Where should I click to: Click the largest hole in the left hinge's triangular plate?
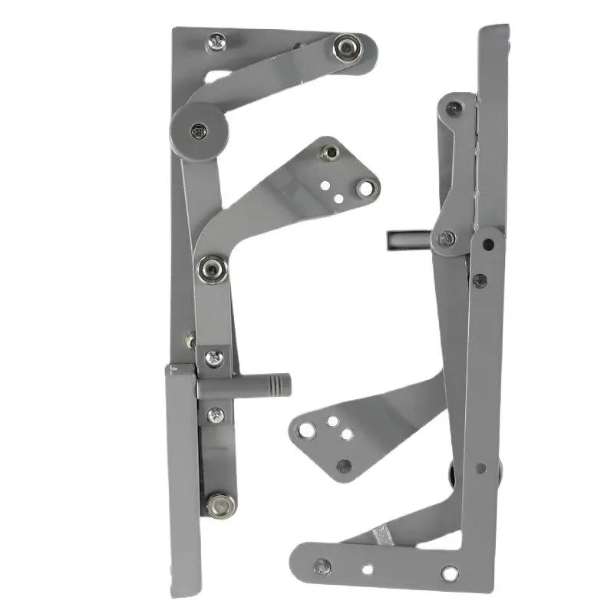(367, 187)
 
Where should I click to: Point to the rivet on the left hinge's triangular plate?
(330, 153)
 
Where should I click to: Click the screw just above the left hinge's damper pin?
(215, 357)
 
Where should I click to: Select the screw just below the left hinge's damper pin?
(216, 414)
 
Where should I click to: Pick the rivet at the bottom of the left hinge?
(220, 503)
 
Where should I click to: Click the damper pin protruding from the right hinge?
(403, 241)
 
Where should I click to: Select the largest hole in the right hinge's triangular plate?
(307, 430)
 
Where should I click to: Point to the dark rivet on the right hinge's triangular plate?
(344, 465)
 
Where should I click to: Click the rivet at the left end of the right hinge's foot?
(322, 567)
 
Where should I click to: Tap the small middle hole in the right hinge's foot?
(367, 570)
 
